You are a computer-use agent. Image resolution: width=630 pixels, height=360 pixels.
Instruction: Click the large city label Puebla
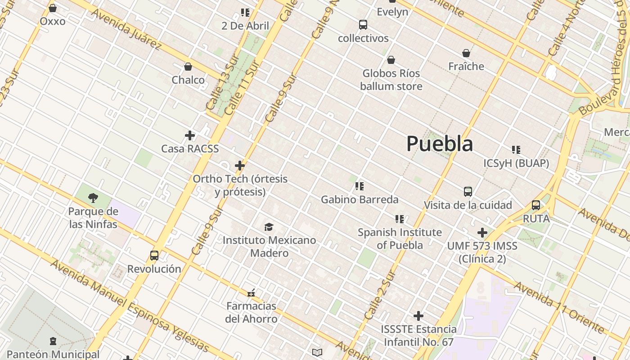click(x=440, y=144)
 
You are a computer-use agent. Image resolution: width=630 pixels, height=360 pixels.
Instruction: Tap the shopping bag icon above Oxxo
click(x=53, y=8)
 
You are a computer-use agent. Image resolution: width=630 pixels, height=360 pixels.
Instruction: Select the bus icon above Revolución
click(x=154, y=256)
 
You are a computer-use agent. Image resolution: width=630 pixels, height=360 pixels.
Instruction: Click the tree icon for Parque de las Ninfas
click(x=93, y=198)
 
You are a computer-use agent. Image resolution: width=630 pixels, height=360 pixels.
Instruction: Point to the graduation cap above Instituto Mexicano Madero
click(x=269, y=227)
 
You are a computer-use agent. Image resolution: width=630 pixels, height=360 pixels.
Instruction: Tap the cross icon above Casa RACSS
click(x=190, y=135)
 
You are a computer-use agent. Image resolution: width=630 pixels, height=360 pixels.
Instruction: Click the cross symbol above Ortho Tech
click(x=240, y=166)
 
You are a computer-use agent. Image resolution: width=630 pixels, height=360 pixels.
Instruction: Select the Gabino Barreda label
click(x=360, y=199)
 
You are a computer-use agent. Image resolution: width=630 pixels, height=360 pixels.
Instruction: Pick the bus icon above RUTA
click(x=536, y=205)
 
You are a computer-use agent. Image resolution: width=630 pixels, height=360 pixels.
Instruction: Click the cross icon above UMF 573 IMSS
click(x=482, y=233)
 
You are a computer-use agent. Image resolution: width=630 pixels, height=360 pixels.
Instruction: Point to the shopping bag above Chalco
click(x=188, y=67)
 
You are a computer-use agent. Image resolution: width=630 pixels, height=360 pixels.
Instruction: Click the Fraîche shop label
click(x=466, y=66)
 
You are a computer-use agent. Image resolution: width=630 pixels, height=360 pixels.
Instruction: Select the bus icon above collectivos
click(x=363, y=25)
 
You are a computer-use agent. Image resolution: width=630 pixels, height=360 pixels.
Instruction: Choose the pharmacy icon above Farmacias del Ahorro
click(x=251, y=293)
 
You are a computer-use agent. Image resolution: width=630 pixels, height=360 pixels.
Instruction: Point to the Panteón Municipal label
click(x=53, y=354)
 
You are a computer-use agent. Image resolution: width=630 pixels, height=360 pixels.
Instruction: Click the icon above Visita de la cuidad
click(x=468, y=192)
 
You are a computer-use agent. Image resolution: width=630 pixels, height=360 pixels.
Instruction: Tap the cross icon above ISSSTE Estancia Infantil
click(x=418, y=316)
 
